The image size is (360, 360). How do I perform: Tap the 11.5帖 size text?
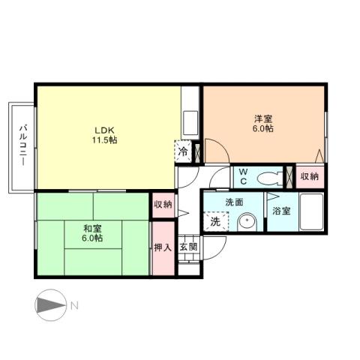105,139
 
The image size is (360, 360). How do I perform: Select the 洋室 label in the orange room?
262,118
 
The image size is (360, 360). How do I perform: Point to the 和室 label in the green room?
92,227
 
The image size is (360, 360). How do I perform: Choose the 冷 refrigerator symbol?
183,151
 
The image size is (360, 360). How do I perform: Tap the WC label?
243,176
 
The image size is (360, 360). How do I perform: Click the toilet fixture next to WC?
268,177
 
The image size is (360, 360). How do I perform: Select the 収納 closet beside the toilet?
309,176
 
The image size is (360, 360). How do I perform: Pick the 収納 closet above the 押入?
163,204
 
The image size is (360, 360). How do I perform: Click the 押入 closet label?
163,247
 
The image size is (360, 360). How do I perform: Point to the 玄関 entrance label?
188,247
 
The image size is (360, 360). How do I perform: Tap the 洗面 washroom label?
234,202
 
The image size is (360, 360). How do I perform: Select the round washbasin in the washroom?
247,222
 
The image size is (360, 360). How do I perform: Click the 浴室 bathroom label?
282,211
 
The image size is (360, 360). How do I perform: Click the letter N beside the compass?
74,305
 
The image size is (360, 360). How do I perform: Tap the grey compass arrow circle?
49,305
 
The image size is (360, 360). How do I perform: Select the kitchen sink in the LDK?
190,121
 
